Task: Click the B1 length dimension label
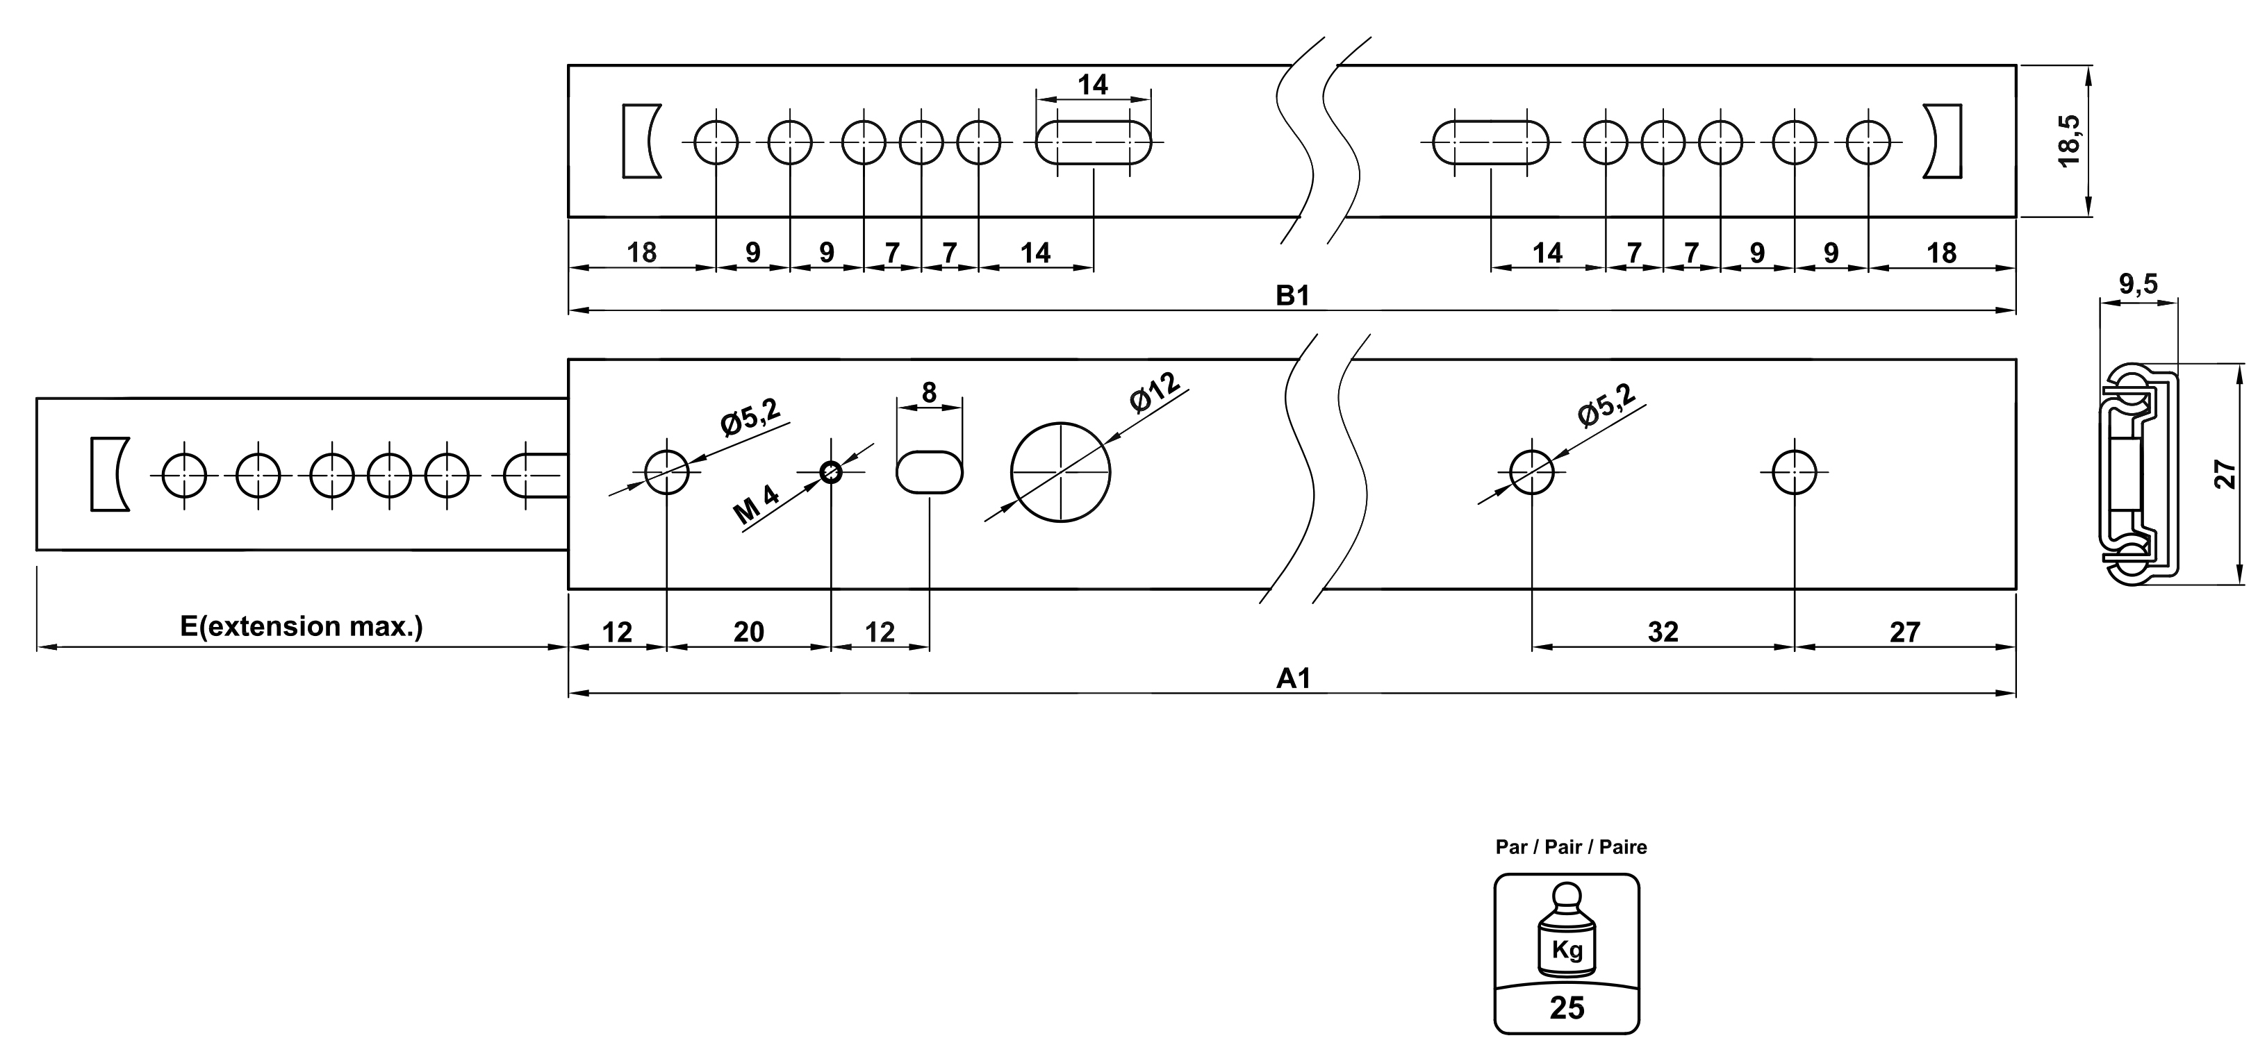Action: coord(1292,296)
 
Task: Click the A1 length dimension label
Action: coord(1293,678)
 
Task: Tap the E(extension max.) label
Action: coord(302,626)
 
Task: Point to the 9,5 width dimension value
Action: coord(2138,284)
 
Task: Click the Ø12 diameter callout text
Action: coord(1155,392)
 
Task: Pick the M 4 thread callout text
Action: coord(757,505)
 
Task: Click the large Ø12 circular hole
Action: coord(1061,472)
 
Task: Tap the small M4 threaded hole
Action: coord(831,473)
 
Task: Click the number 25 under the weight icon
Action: coord(1567,1008)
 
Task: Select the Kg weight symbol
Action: coord(1567,949)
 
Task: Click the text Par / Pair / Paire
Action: coord(1571,847)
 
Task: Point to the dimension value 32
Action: coord(1663,632)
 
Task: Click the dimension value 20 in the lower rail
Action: coord(748,632)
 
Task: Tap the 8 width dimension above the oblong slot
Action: coord(929,392)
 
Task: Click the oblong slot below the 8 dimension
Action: coord(929,472)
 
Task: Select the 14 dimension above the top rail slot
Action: coord(1092,85)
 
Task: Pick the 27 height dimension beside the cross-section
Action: coord(2227,474)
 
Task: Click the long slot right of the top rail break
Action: coord(1490,142)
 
